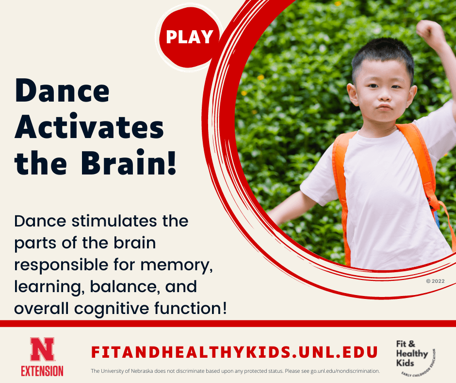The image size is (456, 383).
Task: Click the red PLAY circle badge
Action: point(189,37)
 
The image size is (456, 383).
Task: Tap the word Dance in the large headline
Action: point(63,91)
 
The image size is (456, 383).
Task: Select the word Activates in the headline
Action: point(89,128)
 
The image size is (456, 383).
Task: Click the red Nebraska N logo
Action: point(42,349)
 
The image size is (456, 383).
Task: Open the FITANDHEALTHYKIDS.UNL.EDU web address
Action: point(234,351)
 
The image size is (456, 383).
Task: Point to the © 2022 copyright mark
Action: point(435,281)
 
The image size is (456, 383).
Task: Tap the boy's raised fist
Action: point(429,32)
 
